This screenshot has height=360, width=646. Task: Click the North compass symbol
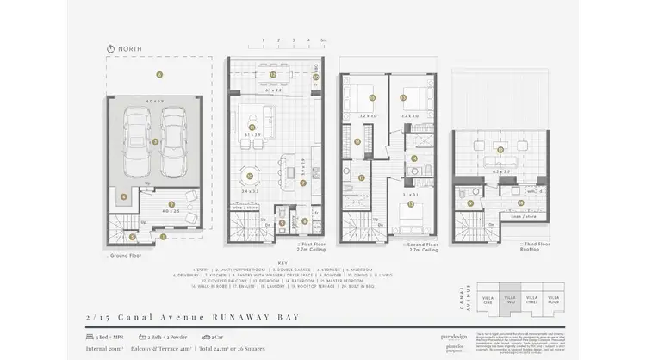(x=110, y=48)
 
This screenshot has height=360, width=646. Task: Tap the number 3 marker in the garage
(x=154, y=141)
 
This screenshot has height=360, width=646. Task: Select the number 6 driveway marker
(x=159, y=74)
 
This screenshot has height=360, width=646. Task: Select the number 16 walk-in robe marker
(x=357, y=141)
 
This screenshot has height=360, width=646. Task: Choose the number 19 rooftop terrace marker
(x=500, y=150)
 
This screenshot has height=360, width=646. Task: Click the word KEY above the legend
(x=282, y=264)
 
